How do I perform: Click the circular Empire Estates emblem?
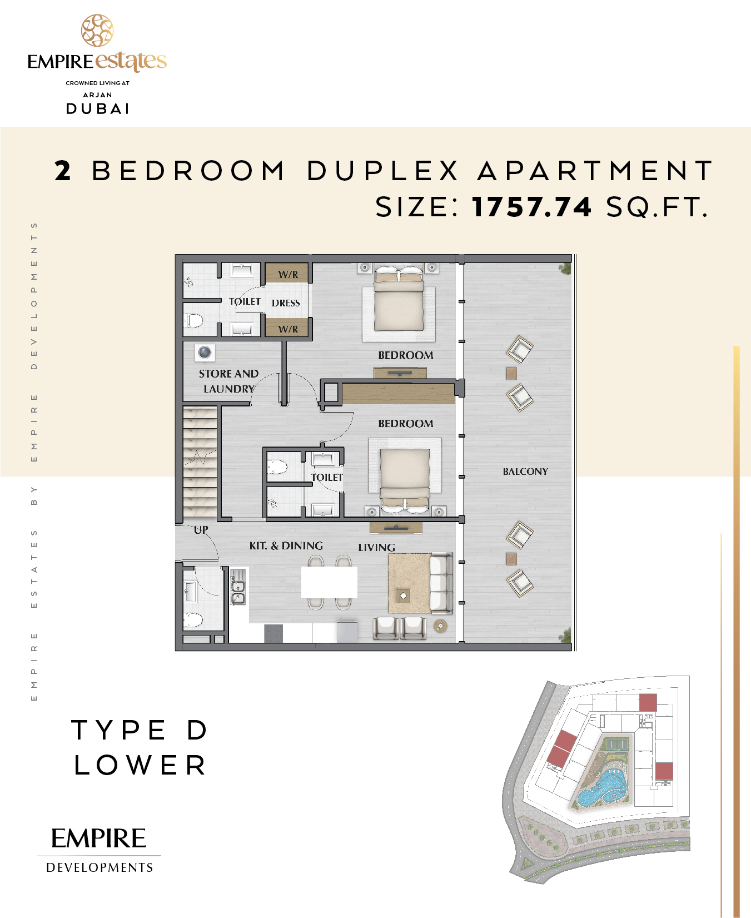97,31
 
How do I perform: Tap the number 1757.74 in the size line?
532,207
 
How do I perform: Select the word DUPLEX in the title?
383,171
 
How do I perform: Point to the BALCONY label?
525,472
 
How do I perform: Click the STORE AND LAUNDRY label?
229,381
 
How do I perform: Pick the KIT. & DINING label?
286,545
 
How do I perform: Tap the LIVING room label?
376,547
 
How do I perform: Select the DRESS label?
286,303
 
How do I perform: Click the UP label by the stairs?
201,529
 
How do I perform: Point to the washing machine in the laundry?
205,353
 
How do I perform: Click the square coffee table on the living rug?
403,596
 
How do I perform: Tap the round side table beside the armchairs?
440,626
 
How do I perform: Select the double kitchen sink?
238,587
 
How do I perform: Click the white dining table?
329,582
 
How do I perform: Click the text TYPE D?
140,730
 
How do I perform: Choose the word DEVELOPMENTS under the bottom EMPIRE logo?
100,867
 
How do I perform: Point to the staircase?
200,462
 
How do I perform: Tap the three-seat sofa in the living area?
441,583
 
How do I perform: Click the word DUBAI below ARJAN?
98,108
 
